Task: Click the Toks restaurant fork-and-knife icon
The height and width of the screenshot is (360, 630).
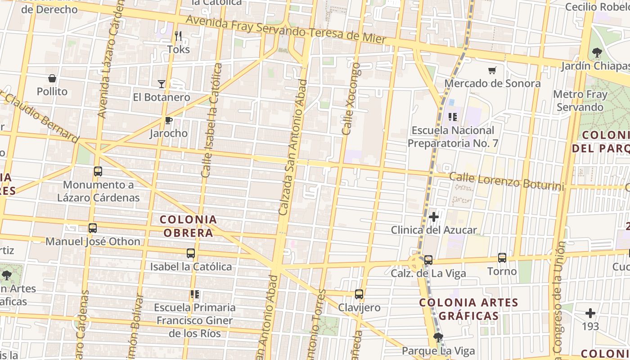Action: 178,36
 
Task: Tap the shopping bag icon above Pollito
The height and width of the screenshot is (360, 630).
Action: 52,79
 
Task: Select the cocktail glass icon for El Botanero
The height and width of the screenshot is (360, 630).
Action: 162,84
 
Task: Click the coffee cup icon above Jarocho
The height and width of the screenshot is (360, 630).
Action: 168,120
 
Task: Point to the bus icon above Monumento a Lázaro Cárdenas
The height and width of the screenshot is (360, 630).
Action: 98,171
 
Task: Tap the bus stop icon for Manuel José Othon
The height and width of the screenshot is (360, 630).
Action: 93,228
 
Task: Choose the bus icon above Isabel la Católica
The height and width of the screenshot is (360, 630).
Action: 191,253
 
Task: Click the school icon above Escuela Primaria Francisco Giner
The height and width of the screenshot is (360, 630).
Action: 194,294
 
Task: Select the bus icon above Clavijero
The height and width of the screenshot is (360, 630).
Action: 359,294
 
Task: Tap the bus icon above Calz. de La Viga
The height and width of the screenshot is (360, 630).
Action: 428,260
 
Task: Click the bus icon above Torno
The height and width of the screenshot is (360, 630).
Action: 502,258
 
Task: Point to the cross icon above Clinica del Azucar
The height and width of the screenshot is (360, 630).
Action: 433,217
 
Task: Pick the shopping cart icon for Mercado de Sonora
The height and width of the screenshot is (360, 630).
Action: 492,70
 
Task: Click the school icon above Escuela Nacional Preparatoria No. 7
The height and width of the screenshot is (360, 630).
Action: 453,117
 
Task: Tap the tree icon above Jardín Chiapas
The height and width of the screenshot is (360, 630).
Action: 597,53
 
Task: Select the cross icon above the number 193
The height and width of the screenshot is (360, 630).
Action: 590,313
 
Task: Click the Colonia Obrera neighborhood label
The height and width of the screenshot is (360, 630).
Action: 189,226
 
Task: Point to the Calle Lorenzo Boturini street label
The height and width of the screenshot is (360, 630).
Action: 506,181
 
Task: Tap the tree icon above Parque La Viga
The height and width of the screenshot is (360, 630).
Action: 437,337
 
